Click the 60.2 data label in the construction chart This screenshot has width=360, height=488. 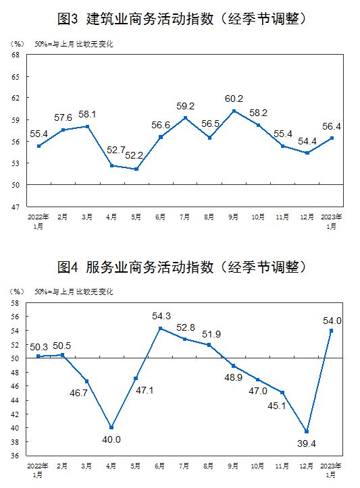pos(234,99)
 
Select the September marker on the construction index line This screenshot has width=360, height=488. pos(234,111)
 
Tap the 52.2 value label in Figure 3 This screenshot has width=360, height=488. pos(134,155)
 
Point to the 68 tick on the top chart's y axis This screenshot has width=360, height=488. pos(16,55)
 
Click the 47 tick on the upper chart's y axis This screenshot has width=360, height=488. pos(16,207)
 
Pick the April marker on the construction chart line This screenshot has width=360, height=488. pos(112,165)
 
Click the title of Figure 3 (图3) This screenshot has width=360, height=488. pos(182,19)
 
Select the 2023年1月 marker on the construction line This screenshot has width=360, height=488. pos(332,138)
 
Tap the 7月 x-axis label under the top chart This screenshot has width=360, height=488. pos(184,217)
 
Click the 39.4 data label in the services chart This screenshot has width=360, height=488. pos(307,443)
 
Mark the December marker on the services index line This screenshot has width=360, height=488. pos(307,432)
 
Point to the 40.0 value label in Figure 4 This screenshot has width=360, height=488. pos(111,439)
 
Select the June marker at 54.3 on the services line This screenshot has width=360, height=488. pos(161,328)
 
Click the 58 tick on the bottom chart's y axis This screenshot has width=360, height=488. pos(15,303)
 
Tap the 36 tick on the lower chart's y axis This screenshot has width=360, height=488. pos(15,456)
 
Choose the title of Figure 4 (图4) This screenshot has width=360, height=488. pos(182,267)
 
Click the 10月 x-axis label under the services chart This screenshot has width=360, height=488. pos(257,466)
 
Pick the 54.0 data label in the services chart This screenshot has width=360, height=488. pos(332,321)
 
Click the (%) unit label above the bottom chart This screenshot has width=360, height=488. pos(17,292)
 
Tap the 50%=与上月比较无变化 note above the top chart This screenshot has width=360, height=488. pos(74,44)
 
